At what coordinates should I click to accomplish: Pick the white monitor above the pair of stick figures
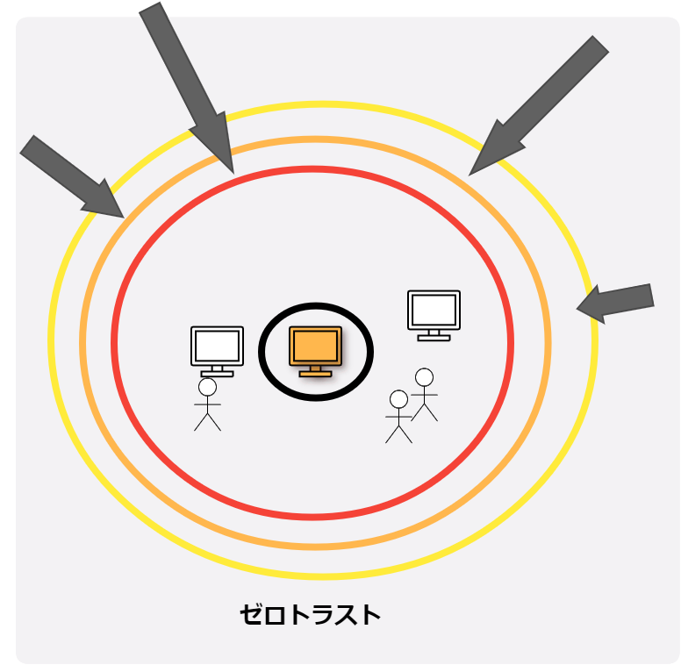[434, 311]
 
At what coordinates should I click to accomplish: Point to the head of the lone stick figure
[207, 387]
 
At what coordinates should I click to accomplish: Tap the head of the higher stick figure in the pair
[424, 377]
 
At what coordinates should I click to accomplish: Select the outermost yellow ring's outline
[52, 341]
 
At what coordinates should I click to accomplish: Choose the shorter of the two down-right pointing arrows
[70, 175]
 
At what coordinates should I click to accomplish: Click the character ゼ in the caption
[252, 615]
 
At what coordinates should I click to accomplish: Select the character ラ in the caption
[321, 615]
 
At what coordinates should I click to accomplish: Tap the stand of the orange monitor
[315, 371]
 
